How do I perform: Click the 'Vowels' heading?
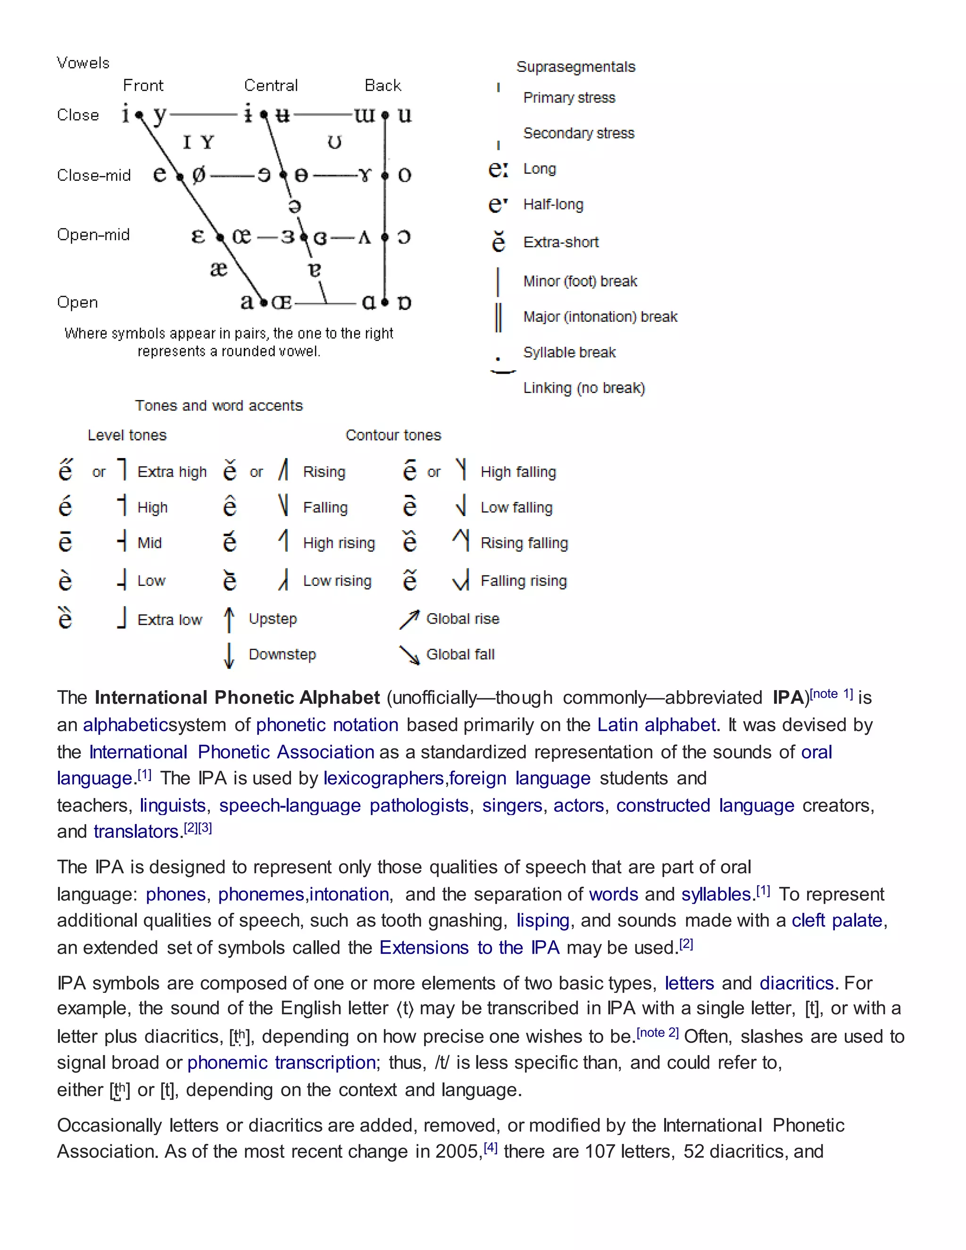click(83, 63)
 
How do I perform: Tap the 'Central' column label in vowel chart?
click(271, 86)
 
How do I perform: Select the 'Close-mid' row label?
click(94, 175)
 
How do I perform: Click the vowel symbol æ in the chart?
click(218, 268)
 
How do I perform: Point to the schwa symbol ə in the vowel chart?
click(295, 206)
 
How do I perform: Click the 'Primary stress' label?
click(569, 98)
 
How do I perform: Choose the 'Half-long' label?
click(553, 204)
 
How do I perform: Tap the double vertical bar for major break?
click(499, 317)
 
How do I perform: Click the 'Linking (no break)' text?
click(584, 388)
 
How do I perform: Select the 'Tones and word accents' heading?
click(218, 406)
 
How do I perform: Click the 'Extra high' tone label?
click(172, 472)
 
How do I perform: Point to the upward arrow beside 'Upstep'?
click(229, 620)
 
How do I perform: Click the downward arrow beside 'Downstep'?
click(229, 655)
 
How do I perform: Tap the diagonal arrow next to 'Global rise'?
click(409, 619)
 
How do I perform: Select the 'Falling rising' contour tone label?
click(523, 581)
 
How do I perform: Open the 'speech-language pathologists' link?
click(343, 805)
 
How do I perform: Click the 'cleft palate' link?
click(837, 920)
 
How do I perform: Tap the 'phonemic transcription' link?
click(281, 1062)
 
